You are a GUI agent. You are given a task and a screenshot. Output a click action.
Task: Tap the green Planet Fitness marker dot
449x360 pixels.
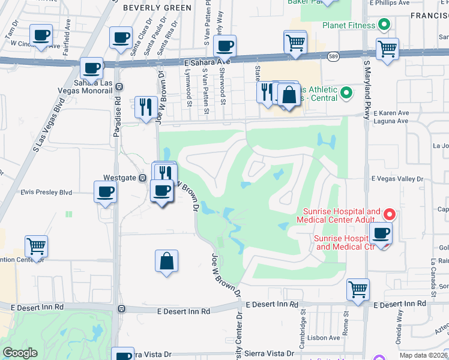pos(384,25)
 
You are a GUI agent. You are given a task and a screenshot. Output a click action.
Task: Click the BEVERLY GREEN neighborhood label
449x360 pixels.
pos(157,8)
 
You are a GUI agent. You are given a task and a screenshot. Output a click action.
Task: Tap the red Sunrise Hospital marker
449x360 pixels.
pos(389,214)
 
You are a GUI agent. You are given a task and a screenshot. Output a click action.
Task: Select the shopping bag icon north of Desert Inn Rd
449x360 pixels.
pos(166,261)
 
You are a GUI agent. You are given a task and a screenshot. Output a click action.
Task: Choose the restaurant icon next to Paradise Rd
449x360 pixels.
pos(146,107)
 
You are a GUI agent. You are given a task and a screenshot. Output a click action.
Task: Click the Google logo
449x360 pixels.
pos(20,353)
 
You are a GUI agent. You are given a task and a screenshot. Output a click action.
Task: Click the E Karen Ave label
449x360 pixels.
pos(391,112)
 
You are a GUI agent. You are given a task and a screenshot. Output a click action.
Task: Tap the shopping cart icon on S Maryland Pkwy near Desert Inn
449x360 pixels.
pos(358,289)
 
